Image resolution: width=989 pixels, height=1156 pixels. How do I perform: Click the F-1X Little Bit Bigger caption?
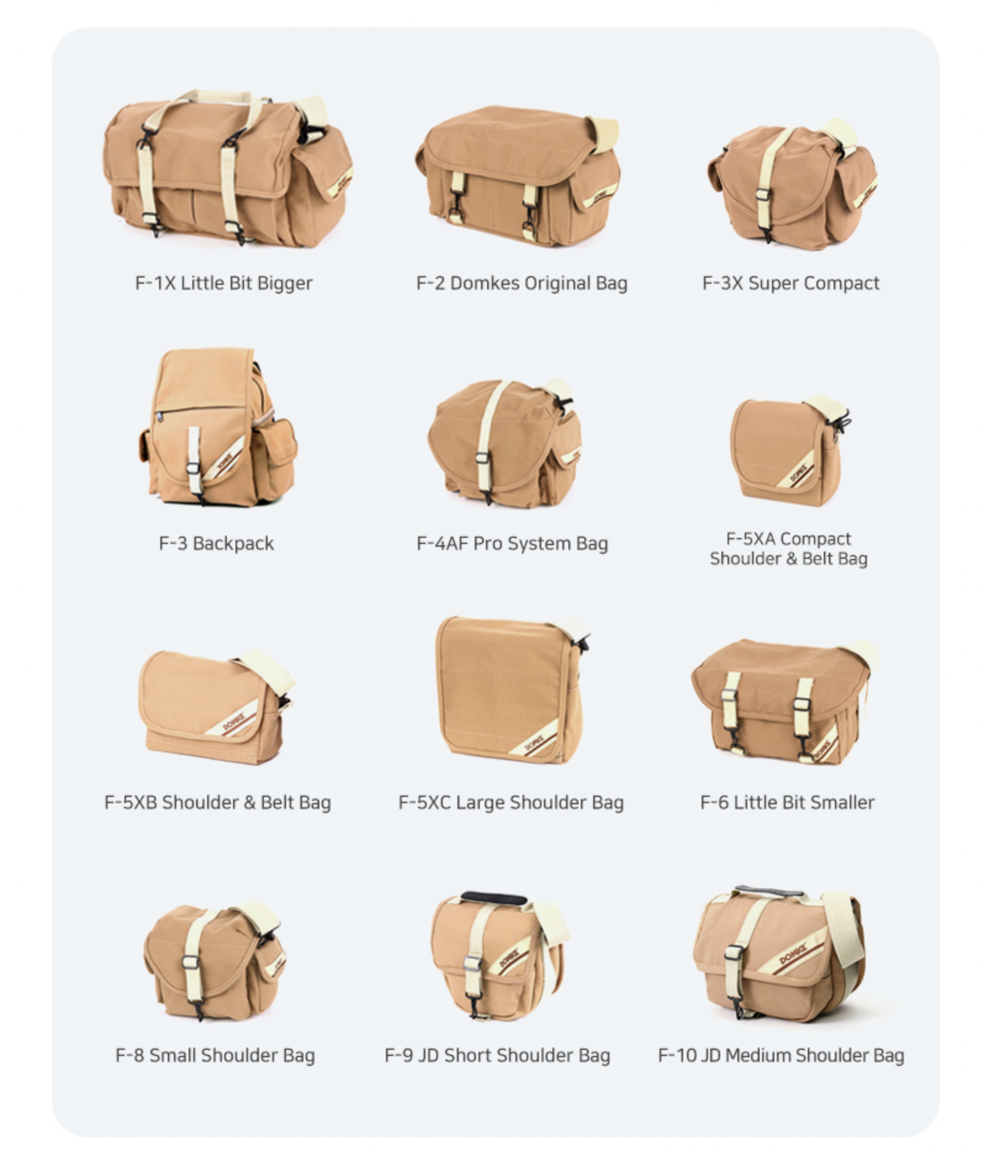tap(224, 283)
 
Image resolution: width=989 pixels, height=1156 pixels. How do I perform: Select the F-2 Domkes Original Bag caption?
tap(522, 283)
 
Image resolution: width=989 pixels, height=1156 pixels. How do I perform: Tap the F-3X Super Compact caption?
tap(790, 283)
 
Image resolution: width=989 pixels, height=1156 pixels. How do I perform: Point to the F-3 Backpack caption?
tap(216, 543)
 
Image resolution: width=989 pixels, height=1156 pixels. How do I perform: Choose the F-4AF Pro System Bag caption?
tap(512, 543)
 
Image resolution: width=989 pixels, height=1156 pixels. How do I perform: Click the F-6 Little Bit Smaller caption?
tap(787, 803)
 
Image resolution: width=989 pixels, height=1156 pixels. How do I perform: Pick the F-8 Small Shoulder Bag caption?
tap(215, 1055)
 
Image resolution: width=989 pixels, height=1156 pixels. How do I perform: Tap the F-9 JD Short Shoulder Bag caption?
tap(497, 1055)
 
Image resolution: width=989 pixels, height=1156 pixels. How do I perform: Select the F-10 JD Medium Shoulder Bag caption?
tap(781, 1055)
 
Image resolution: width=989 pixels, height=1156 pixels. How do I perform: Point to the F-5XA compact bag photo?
tap(789, 450)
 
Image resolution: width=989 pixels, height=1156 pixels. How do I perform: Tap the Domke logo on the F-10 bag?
tap(795, 954)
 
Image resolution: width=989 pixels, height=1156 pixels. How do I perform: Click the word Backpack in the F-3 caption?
tap(233, 543)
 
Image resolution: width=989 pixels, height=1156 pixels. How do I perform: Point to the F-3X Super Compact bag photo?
tap(792, 184)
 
